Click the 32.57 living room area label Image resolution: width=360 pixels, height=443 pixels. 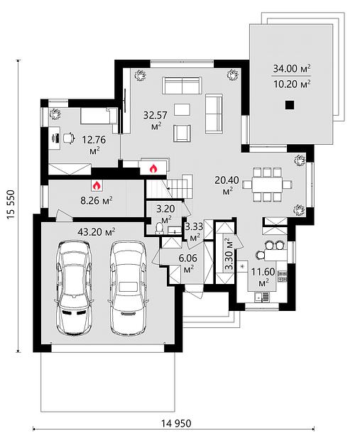pos(155,115)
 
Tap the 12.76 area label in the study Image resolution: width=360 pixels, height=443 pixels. pos(94,140)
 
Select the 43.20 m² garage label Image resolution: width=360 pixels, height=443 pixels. pos(96,232)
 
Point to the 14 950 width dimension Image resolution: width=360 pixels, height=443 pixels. pos(176,423)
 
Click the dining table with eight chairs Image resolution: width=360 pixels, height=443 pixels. pos(267,185)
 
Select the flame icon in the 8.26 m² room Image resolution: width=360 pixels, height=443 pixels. pos(97,185)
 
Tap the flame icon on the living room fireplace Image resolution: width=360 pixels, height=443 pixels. pos(153,168)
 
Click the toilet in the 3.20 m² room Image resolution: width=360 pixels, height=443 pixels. pos(159,229)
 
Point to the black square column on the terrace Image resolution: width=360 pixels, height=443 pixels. pos(290,105)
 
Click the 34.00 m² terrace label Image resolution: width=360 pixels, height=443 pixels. pos(292,68)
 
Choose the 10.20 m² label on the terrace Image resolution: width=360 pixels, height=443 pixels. pos(292,84)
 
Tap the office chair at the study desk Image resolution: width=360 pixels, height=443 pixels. pos(68,138)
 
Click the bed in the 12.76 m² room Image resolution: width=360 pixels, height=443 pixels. pos(99,116)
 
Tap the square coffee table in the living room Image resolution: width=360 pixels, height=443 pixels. pos(182,109)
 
